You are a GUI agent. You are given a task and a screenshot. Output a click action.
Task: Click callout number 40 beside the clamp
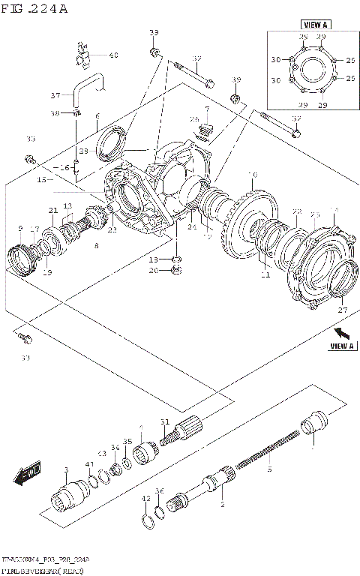113,55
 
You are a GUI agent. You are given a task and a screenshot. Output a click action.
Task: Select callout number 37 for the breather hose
55,95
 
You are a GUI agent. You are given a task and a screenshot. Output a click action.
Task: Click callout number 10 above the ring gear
252,175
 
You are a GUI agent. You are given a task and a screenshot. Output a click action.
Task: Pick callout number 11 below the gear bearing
264,275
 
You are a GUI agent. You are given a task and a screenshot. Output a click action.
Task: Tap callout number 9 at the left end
20,228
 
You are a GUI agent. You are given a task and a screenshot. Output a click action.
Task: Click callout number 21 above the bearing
53,210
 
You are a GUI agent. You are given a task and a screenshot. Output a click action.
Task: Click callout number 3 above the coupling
66,470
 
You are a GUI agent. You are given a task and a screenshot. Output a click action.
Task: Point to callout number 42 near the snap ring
145,498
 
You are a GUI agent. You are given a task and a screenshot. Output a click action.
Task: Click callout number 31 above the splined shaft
164,421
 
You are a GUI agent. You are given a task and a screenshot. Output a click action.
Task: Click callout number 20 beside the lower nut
153,271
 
